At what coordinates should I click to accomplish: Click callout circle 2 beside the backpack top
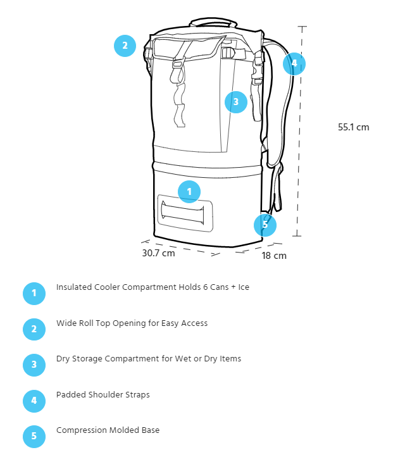pos(125,46)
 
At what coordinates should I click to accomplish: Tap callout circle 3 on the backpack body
pos(236,102)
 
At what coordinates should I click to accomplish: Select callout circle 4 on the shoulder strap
pos(294,63)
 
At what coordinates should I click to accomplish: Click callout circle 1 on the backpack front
pos(189,192)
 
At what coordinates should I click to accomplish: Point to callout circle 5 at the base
pos(265,225)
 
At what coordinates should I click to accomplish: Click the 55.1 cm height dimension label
pos(353,127)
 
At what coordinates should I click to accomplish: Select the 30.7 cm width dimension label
pos(158,253)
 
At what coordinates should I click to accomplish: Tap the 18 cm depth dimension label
pos(274,256)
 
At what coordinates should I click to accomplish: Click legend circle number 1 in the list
pos(34,293)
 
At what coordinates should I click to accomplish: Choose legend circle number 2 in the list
pos(34,329)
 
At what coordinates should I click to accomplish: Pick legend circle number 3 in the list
pos(34,365)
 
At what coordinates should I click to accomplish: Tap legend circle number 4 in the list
pos(34,401)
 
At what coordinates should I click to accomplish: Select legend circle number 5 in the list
pos(34,436)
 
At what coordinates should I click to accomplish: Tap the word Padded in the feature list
pos(71,394)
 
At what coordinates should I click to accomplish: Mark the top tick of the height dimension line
pos(302,27)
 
